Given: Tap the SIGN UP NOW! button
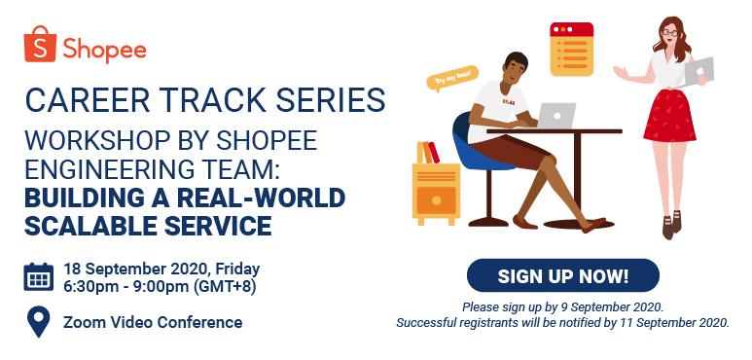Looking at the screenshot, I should click(x=562, y=275).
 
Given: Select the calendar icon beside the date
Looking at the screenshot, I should click(x=39, y=277).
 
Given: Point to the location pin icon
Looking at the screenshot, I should click(x=39, y=321).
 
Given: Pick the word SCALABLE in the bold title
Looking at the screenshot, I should click(x=97, y=226).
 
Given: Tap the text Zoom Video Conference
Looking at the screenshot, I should click(x=152, y=322).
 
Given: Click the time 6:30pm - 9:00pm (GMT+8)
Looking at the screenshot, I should click(x=159, y=286).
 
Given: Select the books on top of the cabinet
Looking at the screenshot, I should click(x=427, y=152).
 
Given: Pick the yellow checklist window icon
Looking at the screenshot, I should click(x=571, y=49).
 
